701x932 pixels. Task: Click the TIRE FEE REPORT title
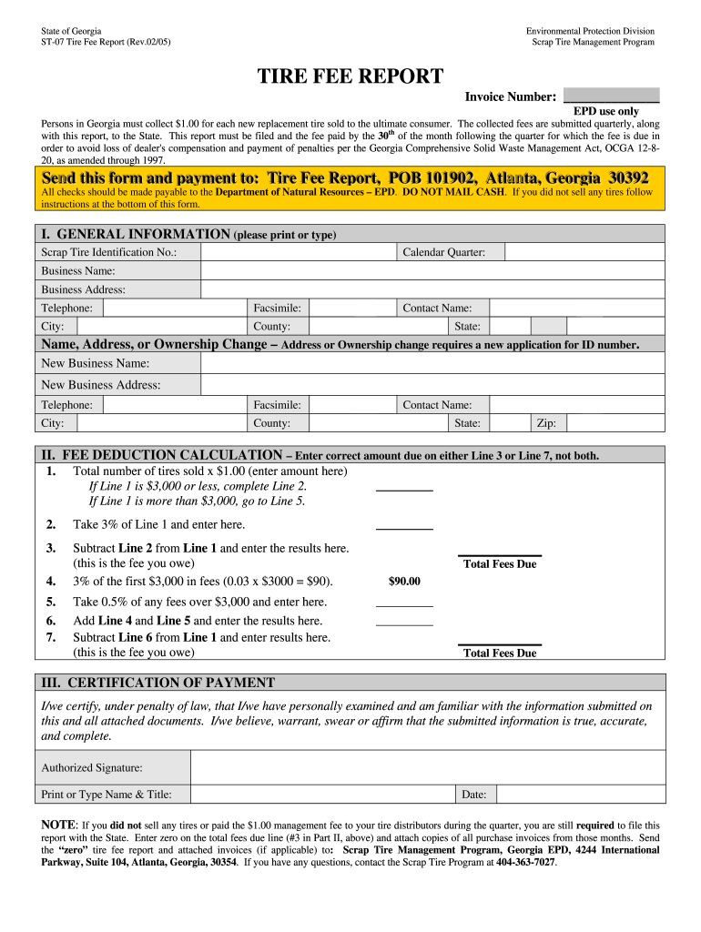350,76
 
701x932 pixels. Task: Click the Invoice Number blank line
611,96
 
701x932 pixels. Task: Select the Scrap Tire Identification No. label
108,252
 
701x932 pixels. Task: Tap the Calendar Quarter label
444,252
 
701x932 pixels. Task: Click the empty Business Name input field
432,270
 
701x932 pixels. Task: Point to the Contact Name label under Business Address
437,309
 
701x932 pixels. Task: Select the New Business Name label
96,363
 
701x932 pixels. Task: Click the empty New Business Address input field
432,385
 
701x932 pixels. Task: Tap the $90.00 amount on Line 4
404,582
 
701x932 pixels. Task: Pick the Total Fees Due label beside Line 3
500,564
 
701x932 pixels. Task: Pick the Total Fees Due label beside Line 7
500,653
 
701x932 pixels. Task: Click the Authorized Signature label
92,768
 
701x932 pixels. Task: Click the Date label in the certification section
473,795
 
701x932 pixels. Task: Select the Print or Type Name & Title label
107,795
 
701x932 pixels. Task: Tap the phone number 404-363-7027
525,862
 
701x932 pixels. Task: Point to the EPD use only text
605,112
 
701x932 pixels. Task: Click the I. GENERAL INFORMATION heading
136,235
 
